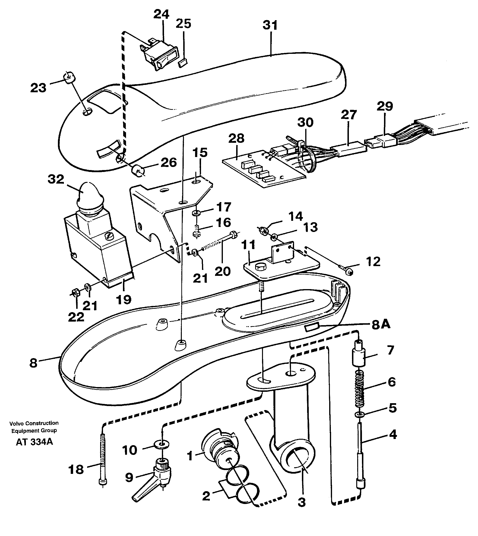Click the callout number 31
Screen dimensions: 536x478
(x=270, y=25)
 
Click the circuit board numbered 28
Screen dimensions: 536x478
(x=263, y=168)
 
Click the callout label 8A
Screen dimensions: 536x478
(x=381, y=325)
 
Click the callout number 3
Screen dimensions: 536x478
(x=302, y=502)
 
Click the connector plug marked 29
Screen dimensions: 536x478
(x=384, y=141)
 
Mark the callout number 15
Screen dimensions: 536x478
(x=200, y=152)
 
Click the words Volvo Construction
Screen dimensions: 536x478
(x=34, y=423)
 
